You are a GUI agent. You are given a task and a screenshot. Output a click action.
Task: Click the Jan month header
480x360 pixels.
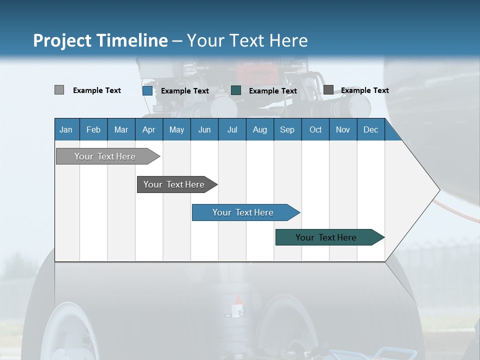[x=66, y=129]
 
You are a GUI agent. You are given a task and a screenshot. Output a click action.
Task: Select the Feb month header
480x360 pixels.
[x=93, y=129]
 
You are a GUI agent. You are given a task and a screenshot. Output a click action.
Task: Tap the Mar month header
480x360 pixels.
[x=121, y=129]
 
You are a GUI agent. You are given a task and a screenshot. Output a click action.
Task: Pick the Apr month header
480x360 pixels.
[x=148, y=129]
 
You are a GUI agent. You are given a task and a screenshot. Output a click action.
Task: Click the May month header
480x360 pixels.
[x=176, y=129]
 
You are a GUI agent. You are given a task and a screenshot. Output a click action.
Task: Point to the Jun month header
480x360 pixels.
[x=204, y=129]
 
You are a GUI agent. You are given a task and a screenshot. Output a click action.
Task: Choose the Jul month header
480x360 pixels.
[x=232, y=129]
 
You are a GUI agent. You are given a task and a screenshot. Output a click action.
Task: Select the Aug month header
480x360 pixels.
[x=259, y=129]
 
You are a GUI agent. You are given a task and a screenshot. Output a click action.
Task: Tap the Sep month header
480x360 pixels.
[x=287, y=129]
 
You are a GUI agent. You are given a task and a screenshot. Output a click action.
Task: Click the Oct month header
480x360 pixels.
[x=315, y=129]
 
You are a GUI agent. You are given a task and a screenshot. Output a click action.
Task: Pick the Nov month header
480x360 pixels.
[x=343, y=129]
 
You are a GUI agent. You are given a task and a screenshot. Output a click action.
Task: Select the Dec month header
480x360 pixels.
[x=370, y=129]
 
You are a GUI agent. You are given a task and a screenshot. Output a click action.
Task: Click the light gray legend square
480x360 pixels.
[x=59, y=90]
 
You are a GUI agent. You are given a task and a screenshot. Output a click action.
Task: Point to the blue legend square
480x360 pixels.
[x=147, y=90]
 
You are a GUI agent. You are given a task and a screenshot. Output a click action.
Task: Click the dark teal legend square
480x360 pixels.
[x=236, y=90]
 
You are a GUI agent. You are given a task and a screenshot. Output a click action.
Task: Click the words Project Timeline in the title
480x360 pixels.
[x=100, y=40]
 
